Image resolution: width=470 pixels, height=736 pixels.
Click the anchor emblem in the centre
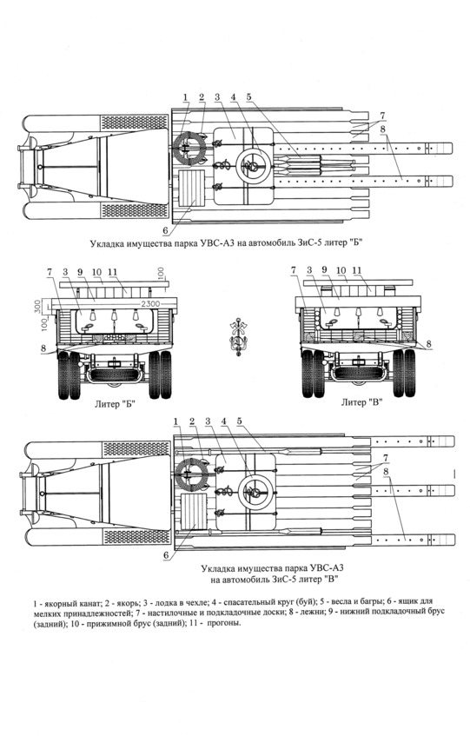click(x=238, y=337)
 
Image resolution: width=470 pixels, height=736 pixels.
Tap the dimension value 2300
click(x=150, y=304)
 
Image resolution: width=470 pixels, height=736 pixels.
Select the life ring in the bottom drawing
click(x=256, y=492)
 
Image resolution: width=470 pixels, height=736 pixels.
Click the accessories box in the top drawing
click(x=193, y=188)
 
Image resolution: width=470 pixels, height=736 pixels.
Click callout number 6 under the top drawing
click(x=166, y=229)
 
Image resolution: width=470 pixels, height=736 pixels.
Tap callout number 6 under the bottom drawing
click(x=166, y=555)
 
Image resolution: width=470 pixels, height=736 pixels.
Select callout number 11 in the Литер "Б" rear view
click(x=112, y=272)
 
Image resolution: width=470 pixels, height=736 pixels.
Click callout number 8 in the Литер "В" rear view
click(x=428, y=344)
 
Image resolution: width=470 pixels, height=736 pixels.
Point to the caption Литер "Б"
click(x=115, y=404)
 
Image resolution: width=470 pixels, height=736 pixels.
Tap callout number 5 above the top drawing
click(x=249, y=97)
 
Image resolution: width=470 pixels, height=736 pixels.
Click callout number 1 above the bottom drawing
click(x=176, y=421)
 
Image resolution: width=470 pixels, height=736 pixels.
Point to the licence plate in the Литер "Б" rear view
click(x=113, y=363)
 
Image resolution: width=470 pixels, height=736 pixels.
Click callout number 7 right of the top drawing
click(x=383, y=115)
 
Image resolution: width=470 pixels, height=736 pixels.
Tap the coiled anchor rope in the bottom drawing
click(x=190, y=474)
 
